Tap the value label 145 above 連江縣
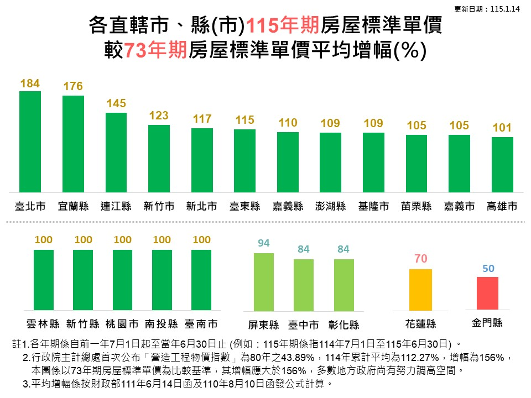tap(116, 103)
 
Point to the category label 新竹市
tap(159, 207)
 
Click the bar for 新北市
tap(202, 160)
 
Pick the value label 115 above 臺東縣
tap(244, 120)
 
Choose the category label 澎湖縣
tap(330, 207)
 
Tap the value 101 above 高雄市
tap(502, 128)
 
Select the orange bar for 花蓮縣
tap(420, 290)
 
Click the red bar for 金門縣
tap(487, 294)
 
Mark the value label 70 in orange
tap(420, 259)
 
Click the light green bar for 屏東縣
tap(264, 282)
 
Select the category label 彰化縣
tap(343, 324)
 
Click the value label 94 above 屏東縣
tap(264, 243)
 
